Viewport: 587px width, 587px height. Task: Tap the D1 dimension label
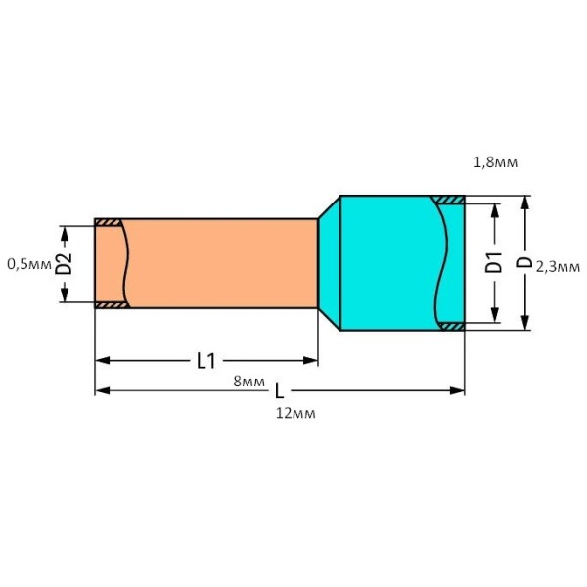(x=495, y=262)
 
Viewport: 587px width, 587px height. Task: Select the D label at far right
(x=524, y=262)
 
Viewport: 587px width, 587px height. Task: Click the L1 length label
(x=205, y=361)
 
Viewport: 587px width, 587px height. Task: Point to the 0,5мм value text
(x=28, y=263)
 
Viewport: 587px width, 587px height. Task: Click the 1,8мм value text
(x=494, y=161)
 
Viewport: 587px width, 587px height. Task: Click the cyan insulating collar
(x=386, y=262)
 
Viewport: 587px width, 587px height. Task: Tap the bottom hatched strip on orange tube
(x=110, y=304)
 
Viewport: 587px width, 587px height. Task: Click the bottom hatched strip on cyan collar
(x=450, y=325)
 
